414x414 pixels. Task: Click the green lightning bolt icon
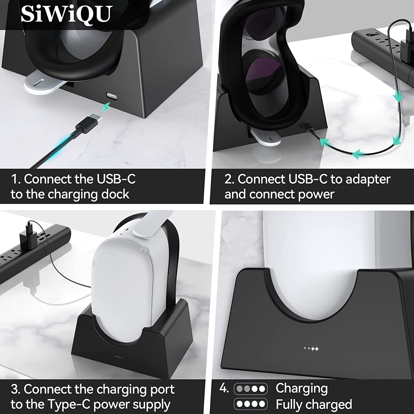tap(106, 107)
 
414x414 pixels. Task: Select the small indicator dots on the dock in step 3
tap(118, 357)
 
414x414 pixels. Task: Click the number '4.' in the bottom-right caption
tap(224, 388)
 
